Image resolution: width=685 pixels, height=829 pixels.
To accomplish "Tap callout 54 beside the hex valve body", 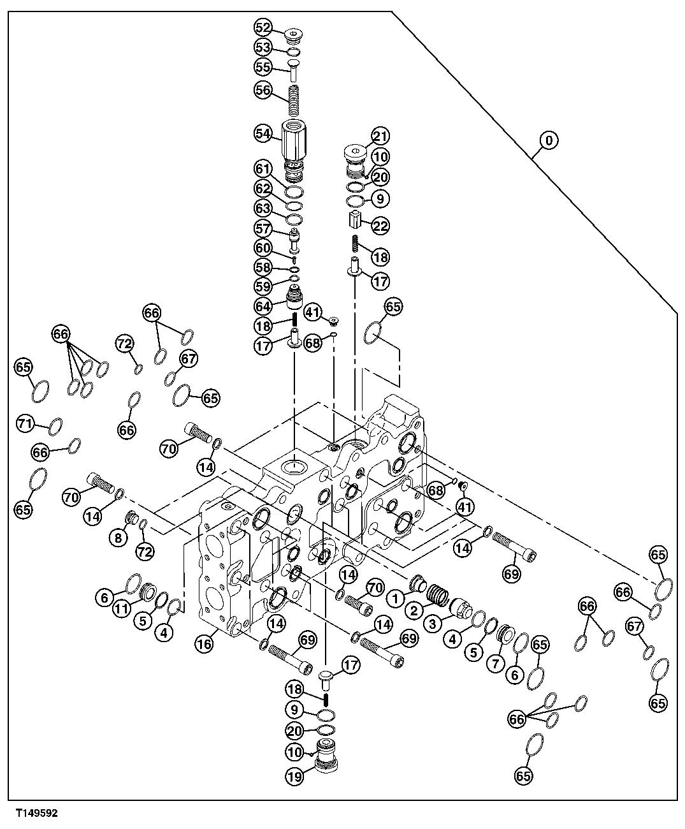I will [x=263, y=133].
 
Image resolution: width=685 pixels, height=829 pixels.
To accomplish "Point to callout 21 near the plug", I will [x=380, y=136].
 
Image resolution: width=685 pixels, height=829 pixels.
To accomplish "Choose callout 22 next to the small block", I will [x=380, y=226].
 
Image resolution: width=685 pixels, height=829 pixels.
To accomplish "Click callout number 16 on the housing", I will [x=204, y=645].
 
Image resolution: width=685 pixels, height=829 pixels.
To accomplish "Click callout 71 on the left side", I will [x=25, y=423].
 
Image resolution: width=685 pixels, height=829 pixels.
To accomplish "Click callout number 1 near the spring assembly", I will [x=395, y=598].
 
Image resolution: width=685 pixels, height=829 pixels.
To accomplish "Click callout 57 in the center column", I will [x=263, y=228].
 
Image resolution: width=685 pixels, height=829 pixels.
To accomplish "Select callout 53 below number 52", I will [x=263, y=47].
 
